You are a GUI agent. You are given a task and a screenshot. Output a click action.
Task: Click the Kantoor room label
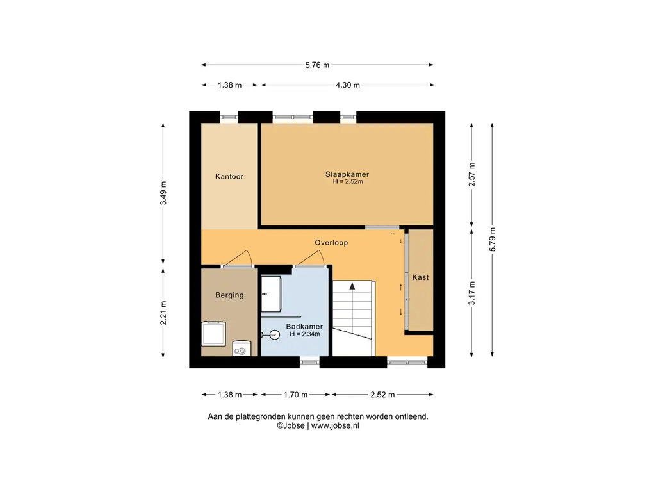click(x=229, y=177)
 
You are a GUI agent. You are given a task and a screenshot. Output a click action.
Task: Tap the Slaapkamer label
click(x=347, y=174)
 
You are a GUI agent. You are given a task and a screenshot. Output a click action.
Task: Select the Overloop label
click(x=331, y=243)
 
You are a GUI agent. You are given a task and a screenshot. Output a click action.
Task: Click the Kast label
click(x=420, y=277)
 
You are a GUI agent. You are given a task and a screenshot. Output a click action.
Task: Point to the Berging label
click(x=229, y=295)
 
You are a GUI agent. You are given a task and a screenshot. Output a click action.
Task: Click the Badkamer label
click(x=304, y=327)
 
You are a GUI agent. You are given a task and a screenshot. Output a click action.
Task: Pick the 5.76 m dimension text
click(x=317, y=65)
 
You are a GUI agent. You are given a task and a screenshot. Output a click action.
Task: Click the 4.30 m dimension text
click(x=348, y=85)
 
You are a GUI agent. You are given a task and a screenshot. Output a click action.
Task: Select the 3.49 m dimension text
click(x=163, y=193)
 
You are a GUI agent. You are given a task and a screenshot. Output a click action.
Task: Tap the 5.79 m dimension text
click(x=493, y=240)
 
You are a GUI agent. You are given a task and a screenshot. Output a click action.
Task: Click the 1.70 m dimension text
click(x=295, y=395)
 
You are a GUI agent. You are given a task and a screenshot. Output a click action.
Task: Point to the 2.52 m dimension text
click(x=382, y=395)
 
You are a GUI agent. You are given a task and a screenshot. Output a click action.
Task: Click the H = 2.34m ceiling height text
click(x=304, y=334)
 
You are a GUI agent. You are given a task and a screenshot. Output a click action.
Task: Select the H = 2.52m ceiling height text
click(x=348, y=181)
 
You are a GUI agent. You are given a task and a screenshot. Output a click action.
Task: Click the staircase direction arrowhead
click(x=352, y=286)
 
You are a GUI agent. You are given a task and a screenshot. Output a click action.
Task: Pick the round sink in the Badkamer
click(x=274, y=334)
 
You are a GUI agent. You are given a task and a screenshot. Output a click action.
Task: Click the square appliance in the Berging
click(x=214, y=333)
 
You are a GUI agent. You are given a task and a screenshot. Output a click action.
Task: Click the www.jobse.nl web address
click(x=335, y=426)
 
